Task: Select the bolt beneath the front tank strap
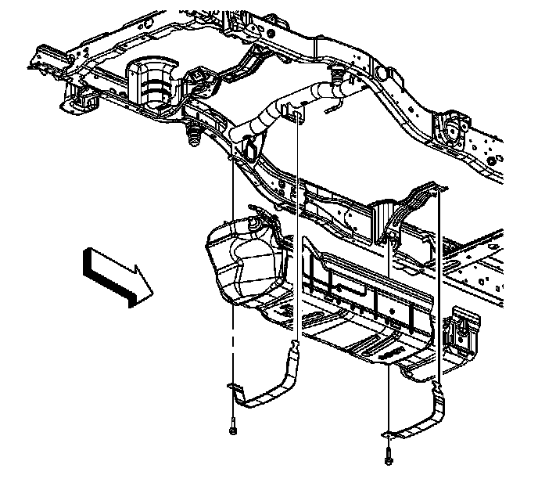[233, 429]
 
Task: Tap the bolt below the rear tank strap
[389, 457]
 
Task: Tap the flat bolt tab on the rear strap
[389, 433]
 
